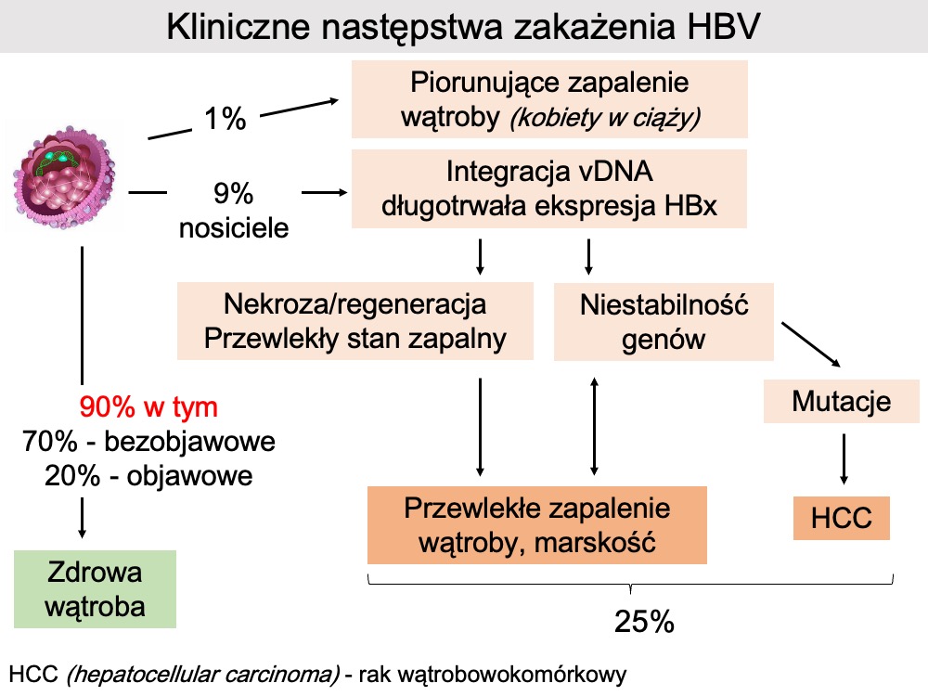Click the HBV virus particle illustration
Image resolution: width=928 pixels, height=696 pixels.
pyautogui.click(x=62, y=176)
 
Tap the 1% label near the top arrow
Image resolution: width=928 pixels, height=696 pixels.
pyautogui.click(x=225, y=118)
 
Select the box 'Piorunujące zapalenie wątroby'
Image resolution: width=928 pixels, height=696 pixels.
pyautogui.click(x=549, y=99)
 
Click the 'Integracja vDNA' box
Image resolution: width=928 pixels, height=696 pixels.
pyautogui.click(x=549, y=189)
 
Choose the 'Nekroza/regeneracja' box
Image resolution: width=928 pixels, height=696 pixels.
pyautogui.click(x=355, y=320)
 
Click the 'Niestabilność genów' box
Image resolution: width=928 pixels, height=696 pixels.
pyautogui.click(x=664, y=321)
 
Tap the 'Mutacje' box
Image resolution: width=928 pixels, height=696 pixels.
pyautogui.click(x=841, y=402)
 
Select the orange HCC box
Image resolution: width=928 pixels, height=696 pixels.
pyautogui.click(x=841, y=517)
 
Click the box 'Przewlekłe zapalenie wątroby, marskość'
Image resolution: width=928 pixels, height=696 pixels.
pyautogui.click(x=536, y=524)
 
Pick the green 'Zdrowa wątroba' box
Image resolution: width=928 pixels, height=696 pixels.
pyautogui.click(x=95, y=589)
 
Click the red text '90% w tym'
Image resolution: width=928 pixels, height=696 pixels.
pyautogui.click(x=148, y=407)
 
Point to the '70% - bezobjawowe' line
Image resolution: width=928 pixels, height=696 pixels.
pyautogui.click(x=148, y=442)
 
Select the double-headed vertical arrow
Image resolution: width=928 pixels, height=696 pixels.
pyautogui.click(x=594, y=426)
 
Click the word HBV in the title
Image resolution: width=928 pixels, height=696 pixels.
pyautogui.click(x=724, y=26)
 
